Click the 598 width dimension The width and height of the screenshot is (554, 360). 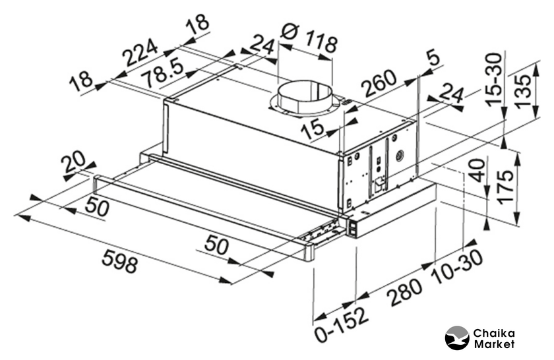pyautogui.click(x=119, y=260)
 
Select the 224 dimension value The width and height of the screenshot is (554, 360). pyautogui.click(x=140, y=53)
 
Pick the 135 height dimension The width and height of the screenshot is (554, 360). pyautogui.click(x=522, y=90)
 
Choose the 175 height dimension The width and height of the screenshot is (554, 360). pyautogui.click(x=505, y=187)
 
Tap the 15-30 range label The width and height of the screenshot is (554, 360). pyautogui.click(x=493, y=79)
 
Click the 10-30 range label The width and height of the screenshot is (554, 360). pyautogui.click(x=458, y=267)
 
